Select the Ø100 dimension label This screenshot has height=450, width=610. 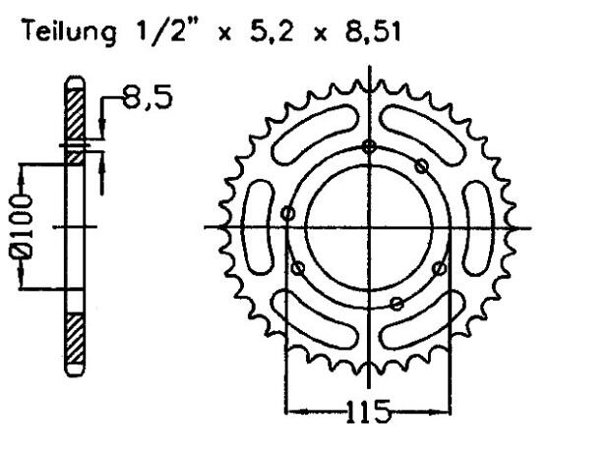point(21,228)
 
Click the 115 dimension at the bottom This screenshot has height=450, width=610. point(369,410)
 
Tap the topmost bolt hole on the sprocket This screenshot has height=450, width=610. point(369,147)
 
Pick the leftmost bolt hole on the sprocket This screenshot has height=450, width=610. point(287,212)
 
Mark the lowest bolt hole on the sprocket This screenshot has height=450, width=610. point(396,305)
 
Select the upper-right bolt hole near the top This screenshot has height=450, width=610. point(421,164)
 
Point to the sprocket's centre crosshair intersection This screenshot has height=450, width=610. point(369,228)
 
